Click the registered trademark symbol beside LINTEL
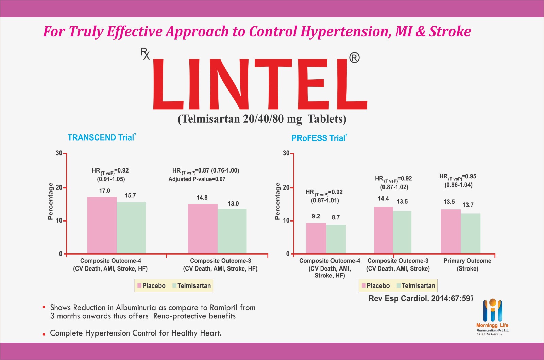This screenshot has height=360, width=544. pyautogui.click(x=354, y=58)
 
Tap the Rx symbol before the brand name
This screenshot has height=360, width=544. pyautogui.click(x=145, y=54)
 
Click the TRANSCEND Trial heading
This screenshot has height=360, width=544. pyautogui.click(x=102, y=137)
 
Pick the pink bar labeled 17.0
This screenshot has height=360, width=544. pyautogui.click(x=102, y=225)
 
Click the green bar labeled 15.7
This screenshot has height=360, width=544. pyautogui.click(x=131, y=228)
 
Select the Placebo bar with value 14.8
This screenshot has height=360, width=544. pyautogui.click(x=203, y=229)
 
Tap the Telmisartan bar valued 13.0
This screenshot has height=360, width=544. pyautogui.click(x=232, y=231)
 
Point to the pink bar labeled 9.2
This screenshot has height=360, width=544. pyautogui.click(x=316, y=238)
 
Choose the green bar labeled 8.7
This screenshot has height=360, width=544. pyautogui.click(x=336, y=239)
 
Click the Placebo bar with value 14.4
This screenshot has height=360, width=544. pyautogui.click(x=384, y=230)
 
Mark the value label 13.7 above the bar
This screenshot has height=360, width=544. pyautogui.click(x=468, y=205)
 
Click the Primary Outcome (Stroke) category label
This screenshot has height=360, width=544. pyautogui.click(x=467, y=264)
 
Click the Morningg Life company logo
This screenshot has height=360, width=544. pyautogui.click(x=492, y=317)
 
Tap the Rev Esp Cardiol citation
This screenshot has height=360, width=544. pyautogui.click(x=421, y=299)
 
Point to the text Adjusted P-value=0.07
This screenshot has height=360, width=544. pyautogui.click(x=197, y=179)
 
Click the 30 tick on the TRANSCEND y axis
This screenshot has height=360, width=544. pyautogui.click(x=59, y=153)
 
